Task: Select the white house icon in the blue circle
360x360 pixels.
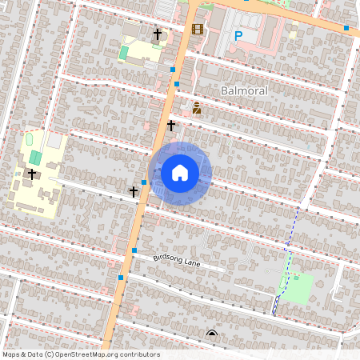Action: coord(180,173)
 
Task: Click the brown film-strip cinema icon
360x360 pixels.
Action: coord(197,30)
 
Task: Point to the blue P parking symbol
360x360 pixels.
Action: coord(238,35)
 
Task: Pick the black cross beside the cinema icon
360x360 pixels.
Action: coord(158,34)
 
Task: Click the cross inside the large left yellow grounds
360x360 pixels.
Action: coord(32,174)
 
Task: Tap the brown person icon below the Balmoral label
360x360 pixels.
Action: coord(196,107)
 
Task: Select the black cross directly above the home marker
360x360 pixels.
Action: coord(171,125)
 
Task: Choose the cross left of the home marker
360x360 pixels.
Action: coord(134,191)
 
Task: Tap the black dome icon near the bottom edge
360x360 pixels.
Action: coord(211,334)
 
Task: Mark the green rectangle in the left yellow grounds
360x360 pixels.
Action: coord(35,156)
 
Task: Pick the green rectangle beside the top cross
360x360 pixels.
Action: coord(123,53)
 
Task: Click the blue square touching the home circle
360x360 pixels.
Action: coord(144,182)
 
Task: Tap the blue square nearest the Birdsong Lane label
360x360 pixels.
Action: coord(134,250)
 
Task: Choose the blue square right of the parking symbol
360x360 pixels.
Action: coord(346,28)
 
